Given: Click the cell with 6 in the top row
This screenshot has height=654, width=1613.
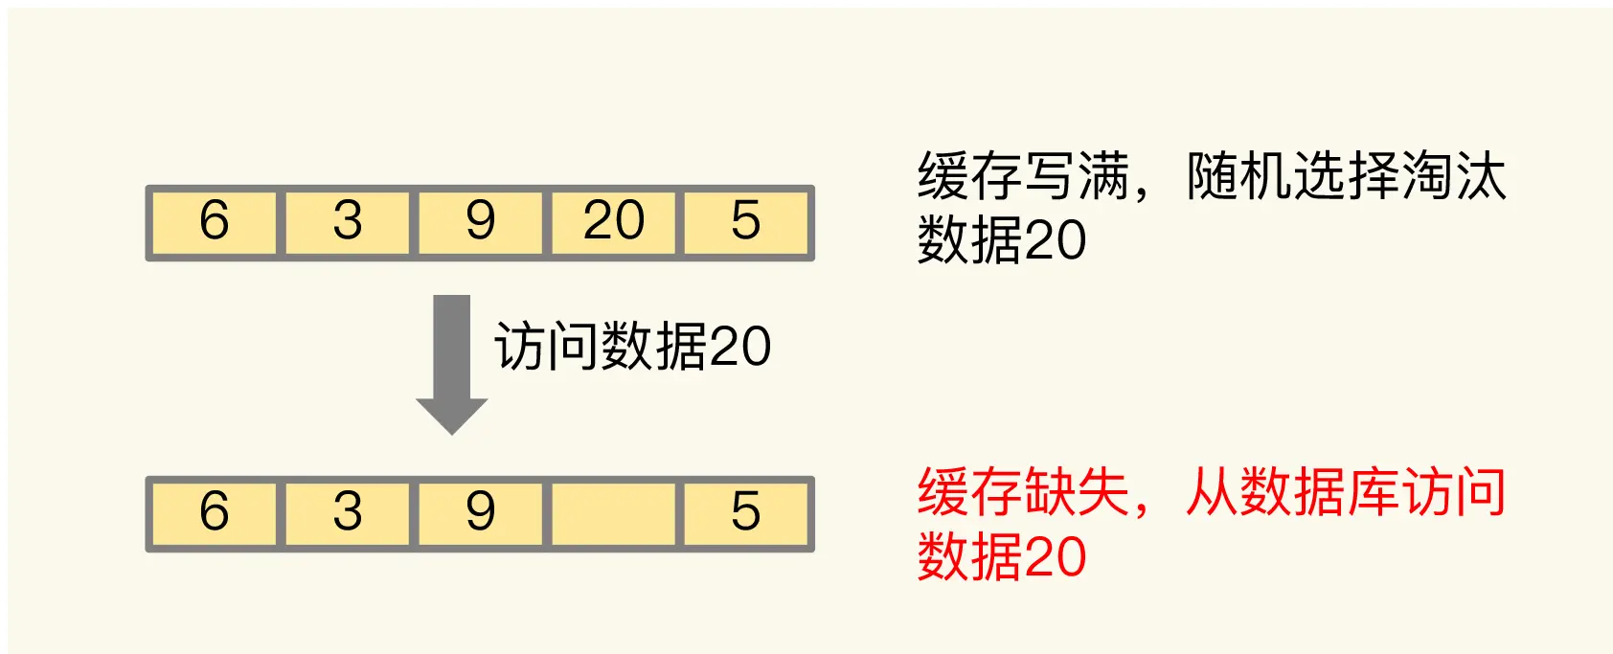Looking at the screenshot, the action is (x=215, y=223).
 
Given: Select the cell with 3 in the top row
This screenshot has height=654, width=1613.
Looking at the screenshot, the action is (x=348, y=223).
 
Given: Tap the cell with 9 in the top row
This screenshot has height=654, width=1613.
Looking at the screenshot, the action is (x=480, y=223).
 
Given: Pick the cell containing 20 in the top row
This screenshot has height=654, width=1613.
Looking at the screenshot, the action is (x=614, y=223).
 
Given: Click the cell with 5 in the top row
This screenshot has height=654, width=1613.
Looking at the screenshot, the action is (x=746, y=223).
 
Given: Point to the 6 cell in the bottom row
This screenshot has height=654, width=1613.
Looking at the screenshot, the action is (x=215, y=514).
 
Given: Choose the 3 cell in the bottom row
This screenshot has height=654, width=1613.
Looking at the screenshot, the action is (x=348, y=514).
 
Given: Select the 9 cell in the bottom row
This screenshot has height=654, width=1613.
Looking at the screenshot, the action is (x=480, y=514).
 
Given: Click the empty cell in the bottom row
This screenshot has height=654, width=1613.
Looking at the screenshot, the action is (x=614, y=514).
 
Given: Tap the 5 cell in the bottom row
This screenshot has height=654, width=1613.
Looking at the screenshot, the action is (x=746, y=514).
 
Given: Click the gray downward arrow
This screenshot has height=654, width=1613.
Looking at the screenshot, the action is (x=451, y=364).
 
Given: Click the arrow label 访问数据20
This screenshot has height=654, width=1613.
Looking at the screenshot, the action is (x=632, y=347).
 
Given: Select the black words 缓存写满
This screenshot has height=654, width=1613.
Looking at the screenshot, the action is (x=1023, y=176).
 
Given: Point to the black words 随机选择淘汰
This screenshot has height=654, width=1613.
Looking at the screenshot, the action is (x=1346, y=176).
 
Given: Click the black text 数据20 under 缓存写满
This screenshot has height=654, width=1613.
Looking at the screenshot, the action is (x=1002, y=239).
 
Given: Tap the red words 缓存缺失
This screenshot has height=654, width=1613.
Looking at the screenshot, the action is (x=1023, y=493).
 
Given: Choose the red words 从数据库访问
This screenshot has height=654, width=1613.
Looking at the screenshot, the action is (x=1346, y=493).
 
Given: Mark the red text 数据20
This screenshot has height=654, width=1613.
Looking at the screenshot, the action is (x=1002, y=556).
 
